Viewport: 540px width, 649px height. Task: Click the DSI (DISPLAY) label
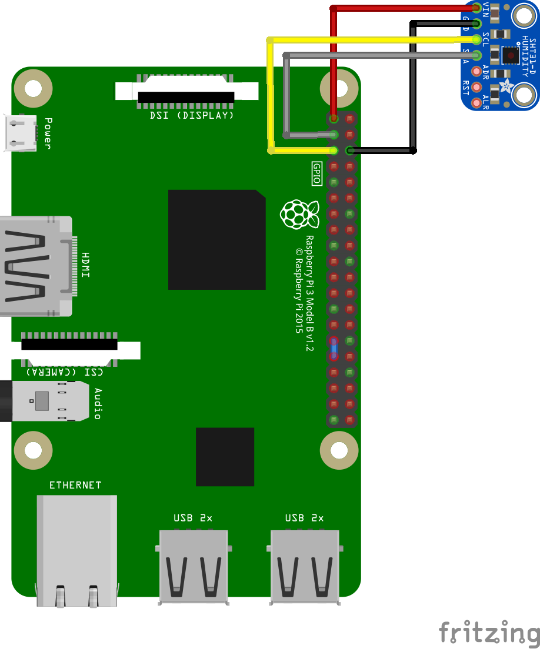pos(192,116)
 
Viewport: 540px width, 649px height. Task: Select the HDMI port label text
pos(86,265)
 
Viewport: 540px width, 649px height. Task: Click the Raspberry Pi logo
pos(299,214)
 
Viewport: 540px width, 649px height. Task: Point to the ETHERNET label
pos(75,486)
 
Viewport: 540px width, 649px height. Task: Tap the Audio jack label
pos(98,404)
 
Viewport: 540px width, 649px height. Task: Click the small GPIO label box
pos(316,174)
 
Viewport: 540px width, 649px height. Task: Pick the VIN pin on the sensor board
pos(476,8)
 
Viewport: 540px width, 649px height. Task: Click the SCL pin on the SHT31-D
pos(476,39)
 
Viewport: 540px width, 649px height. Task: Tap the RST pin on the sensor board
pos(476,87)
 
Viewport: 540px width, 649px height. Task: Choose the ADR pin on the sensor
pos(476,71)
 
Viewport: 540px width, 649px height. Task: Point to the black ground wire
pos(414,88)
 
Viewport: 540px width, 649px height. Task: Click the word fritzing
pos(489,633)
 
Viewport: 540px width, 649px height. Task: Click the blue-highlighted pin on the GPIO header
pos(334,349)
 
